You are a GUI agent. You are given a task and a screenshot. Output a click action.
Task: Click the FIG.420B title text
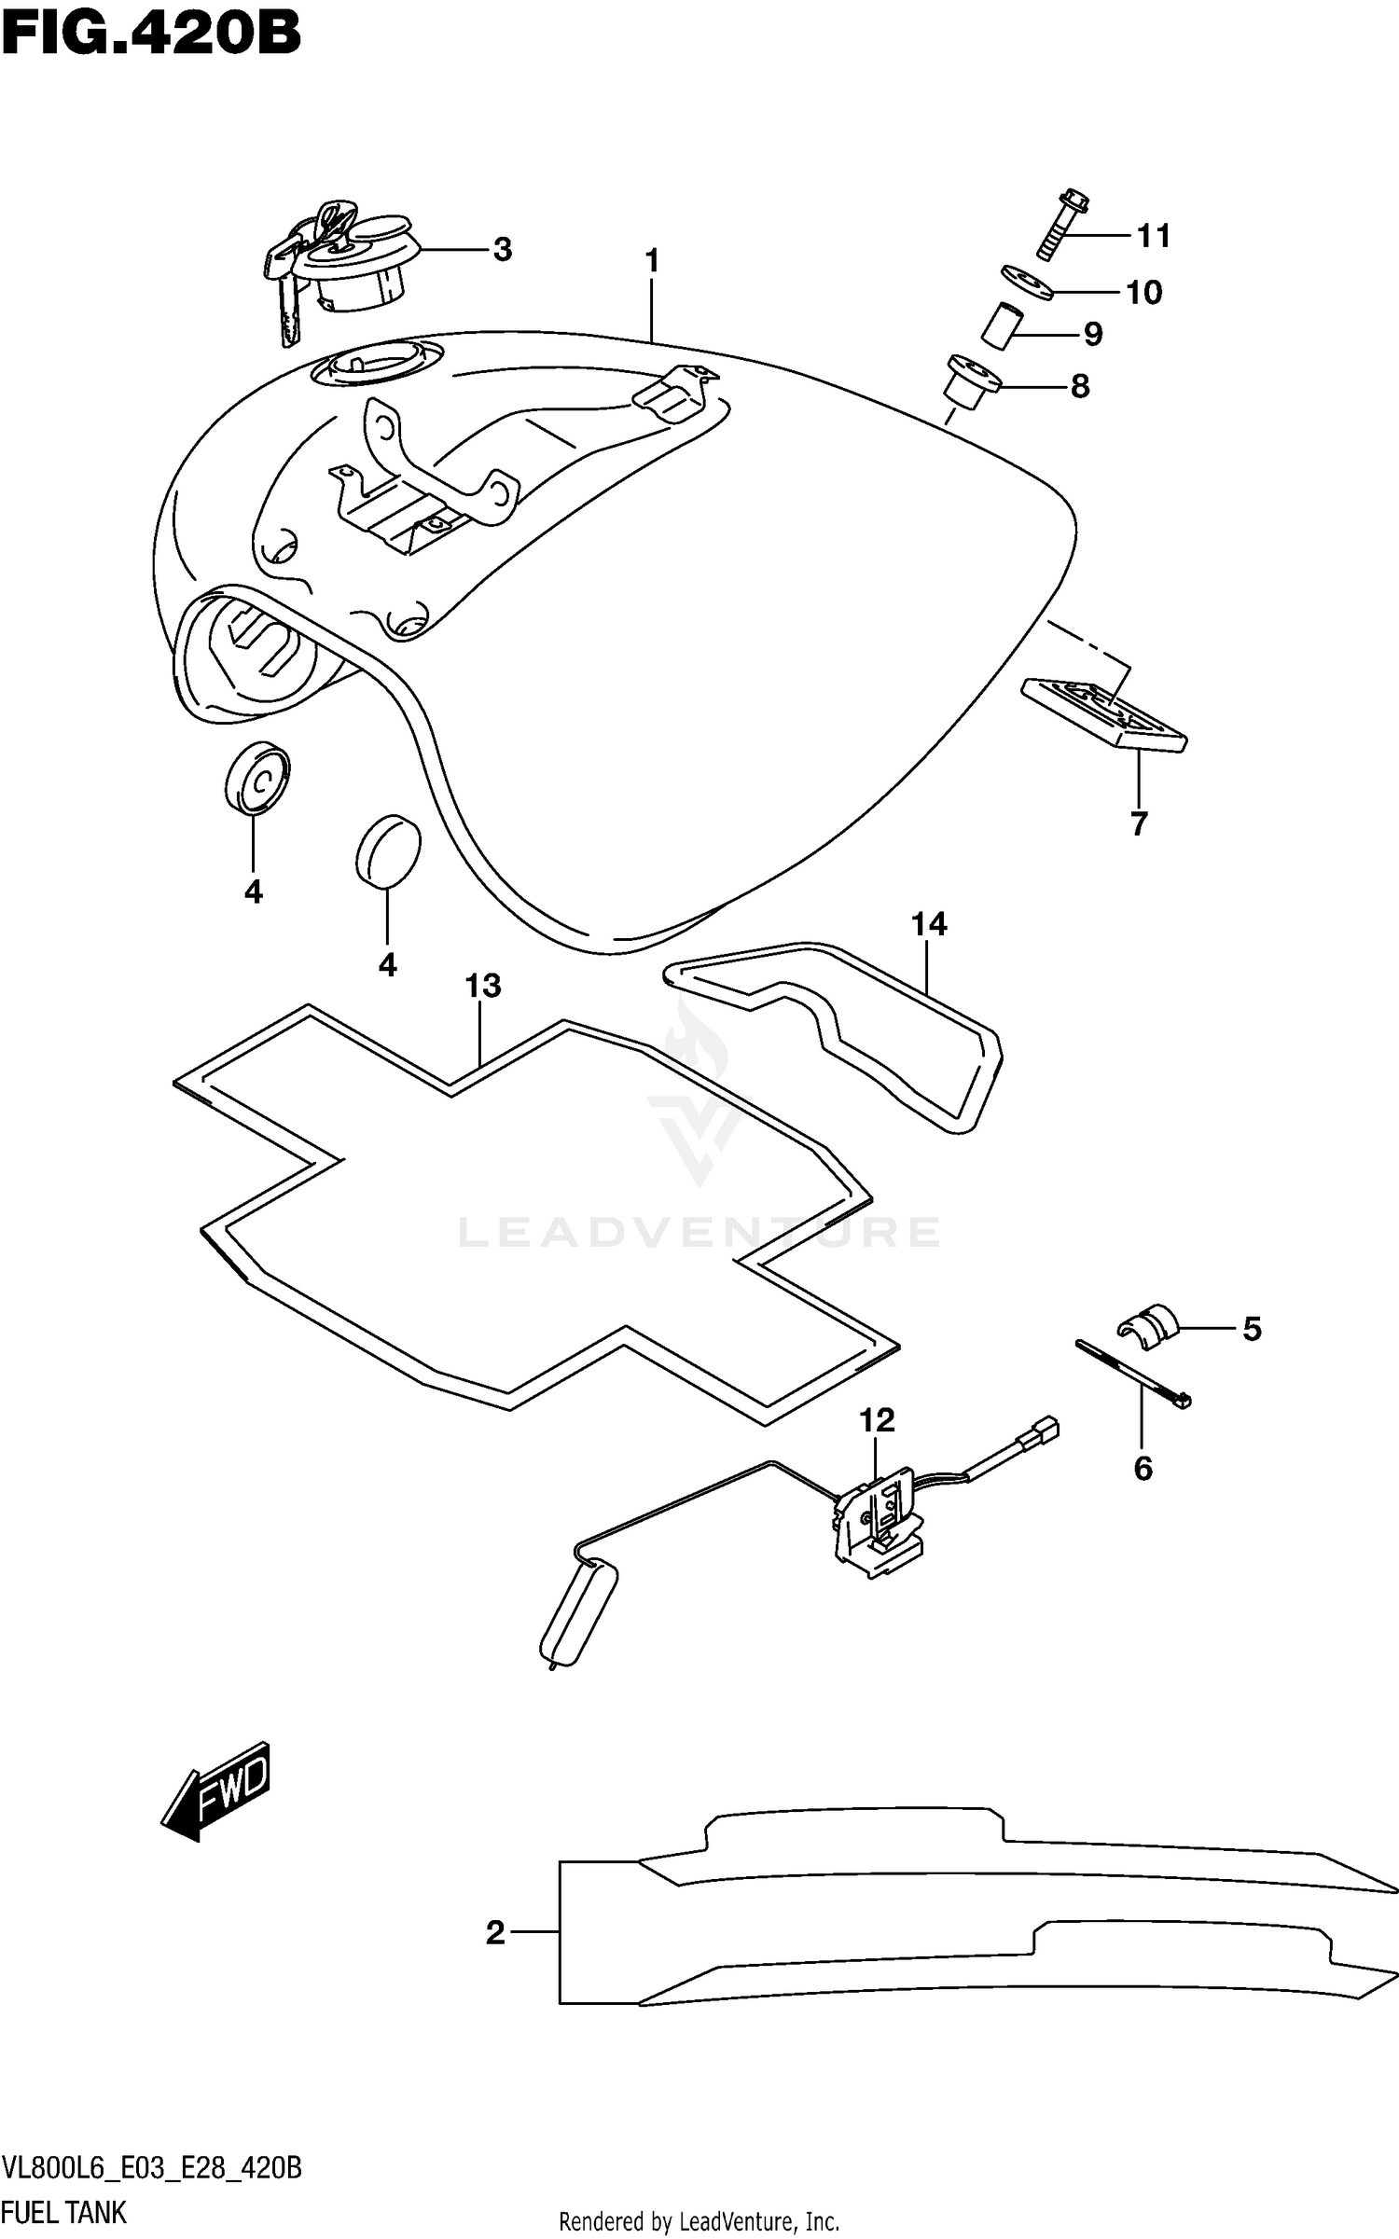(151, 35)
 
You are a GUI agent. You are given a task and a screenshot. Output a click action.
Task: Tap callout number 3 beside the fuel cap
(502, 250)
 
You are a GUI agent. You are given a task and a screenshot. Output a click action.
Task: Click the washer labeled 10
(1027, 282)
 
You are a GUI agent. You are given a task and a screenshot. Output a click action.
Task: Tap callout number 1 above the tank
(652, 261)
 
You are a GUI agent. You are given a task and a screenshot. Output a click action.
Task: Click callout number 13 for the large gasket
(483, 986)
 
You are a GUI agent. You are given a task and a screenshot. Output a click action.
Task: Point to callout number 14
(929, 924)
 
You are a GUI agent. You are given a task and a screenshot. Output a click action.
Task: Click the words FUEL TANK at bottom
(64, 2212)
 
